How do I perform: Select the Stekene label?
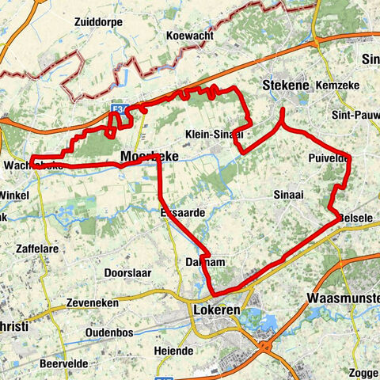(285, 81)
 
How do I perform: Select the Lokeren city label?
(216, 311)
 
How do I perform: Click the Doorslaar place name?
(127, 272)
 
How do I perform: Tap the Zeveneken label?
(93, 302)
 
